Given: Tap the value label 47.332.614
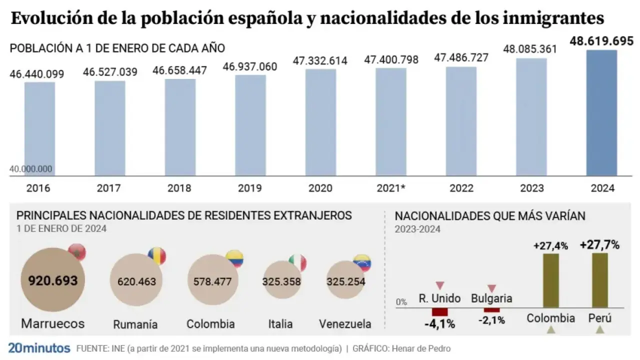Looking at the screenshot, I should (320, 61).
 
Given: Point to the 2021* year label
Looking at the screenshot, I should (390, 189).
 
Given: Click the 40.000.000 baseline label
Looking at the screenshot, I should (31, 169).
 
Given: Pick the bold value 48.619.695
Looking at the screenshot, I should (601, 41).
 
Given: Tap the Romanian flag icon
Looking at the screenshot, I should (156, 256).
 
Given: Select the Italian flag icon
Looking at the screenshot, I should (297, 262).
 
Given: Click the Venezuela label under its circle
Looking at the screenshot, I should (345, 324).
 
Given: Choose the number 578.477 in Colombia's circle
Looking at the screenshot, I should (212, 281).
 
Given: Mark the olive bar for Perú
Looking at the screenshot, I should (600, 280).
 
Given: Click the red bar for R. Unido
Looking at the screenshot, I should (440, 312).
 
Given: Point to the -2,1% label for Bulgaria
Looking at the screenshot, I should (491, 320).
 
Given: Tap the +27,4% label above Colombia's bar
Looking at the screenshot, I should (550, 246).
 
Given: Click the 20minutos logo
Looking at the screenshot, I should (38, 348).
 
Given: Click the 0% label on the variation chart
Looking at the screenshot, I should (401, 302).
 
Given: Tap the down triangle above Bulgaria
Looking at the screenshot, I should (491, 288).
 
